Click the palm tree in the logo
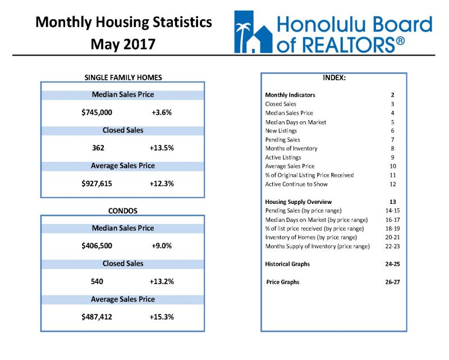tap(242, 36)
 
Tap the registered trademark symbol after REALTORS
tap(400, 41)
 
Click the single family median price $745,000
tap(97, 112)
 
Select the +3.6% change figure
tap(162, 112)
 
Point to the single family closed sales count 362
tap(98, 148)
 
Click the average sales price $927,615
tap(97, 184)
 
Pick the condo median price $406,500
tap(97, 245)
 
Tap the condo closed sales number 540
tap(97, 281)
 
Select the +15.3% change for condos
tap(162, 317)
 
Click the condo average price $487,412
tap(97, 317)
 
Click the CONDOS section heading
tap(123, 211)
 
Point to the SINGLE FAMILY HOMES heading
tap(123, 78)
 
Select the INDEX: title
tap(334, 78)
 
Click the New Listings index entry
tap(281, 131)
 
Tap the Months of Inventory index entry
tap(291, 148)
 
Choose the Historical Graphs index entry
tap(287, 264)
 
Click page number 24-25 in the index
tap(392, 264)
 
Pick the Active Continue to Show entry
tap(296, 184)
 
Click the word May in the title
tap(106, 45)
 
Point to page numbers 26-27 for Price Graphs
tap(392, 282)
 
